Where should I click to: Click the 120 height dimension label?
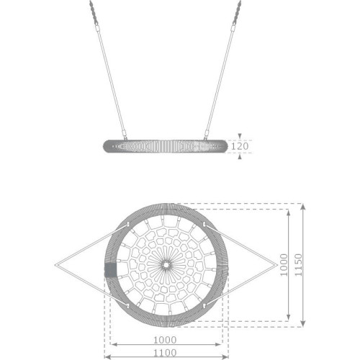[240, 146]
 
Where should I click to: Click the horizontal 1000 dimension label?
[165, 340]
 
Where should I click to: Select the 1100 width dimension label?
[165, 353]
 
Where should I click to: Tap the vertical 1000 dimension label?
[284, 265]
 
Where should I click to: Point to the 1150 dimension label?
[298, 265]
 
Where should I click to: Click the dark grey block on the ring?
[110, 270]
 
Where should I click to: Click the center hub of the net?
[166, 265]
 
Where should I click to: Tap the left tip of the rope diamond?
[55, 265]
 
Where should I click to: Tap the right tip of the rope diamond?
[277, 265]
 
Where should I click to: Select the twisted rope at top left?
[94, 12]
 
